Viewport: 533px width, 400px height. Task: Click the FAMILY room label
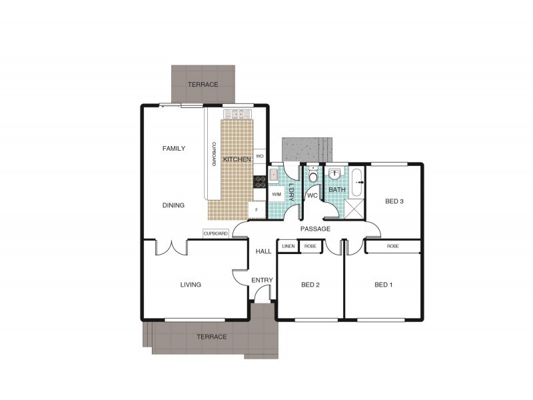pos(174,149)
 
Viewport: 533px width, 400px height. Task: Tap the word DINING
pos(173,205)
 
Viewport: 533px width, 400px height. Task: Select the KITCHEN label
pos(237,159)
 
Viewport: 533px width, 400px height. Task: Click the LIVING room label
pos(191,285)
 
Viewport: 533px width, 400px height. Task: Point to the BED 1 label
pos(383,285)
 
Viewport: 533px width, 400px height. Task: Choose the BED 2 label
pos(310,285)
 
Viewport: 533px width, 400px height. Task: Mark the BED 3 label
pos(395,201)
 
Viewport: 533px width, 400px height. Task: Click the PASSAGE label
pos(315,229)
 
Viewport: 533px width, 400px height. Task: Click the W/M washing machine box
pos(276,194)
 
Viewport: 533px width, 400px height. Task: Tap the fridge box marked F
pos(257,210)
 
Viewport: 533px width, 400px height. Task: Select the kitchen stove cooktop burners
pos(258,181)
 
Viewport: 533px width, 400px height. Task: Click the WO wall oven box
pos(260,157)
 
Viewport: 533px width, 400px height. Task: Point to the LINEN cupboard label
pos(288,247)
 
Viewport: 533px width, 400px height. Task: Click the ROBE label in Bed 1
pos(393,246)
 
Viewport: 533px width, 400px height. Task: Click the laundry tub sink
pos(274,175)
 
